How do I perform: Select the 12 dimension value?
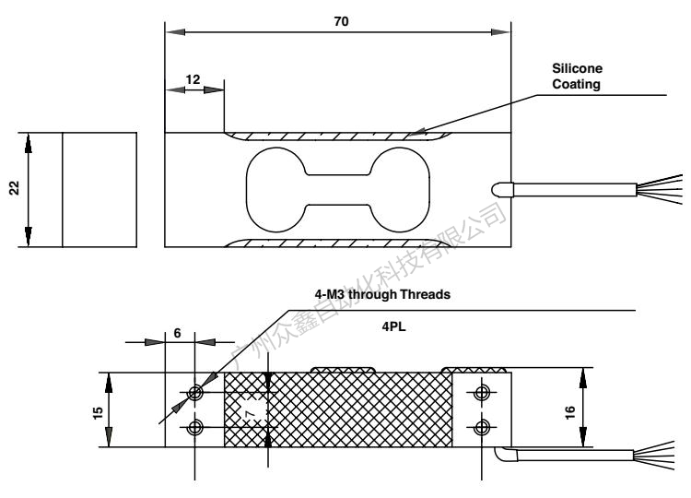point(193,79)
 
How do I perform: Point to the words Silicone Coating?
point(577,77)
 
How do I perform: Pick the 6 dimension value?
point(177,334)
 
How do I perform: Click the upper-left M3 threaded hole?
point(195,394)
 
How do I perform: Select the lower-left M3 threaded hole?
point(195,426)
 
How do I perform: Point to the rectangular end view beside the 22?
point(99,190)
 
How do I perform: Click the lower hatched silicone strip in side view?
point(338,243)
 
